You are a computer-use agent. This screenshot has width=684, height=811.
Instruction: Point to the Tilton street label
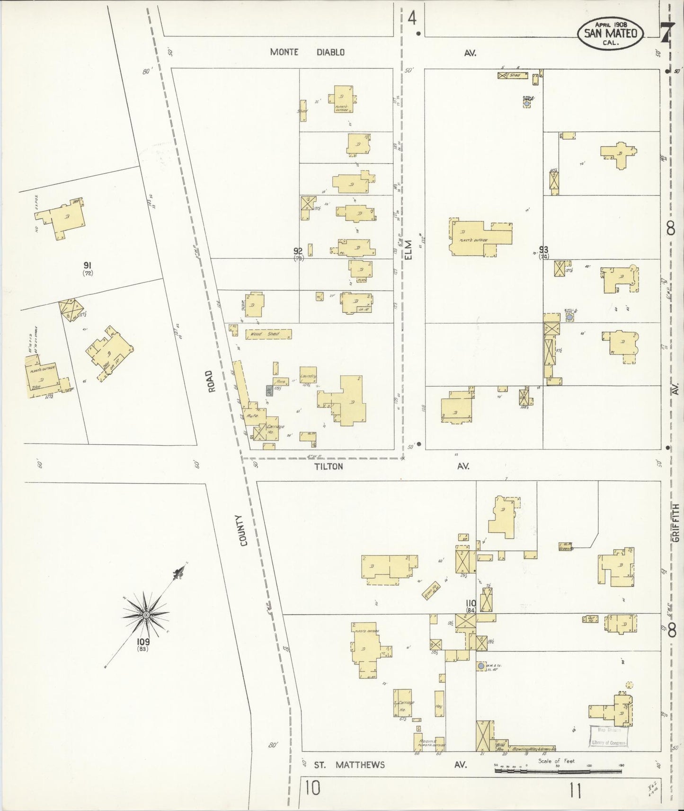(329, 467)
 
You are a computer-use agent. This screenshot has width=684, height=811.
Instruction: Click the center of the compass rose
(146, 615)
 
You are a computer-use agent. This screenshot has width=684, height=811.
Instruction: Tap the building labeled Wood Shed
(268, 334)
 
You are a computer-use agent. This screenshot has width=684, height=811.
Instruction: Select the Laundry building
(308, 376)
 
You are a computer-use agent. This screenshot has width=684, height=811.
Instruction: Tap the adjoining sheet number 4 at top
(412, 19)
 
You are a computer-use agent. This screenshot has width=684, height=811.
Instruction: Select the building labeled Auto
(252, 415)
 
